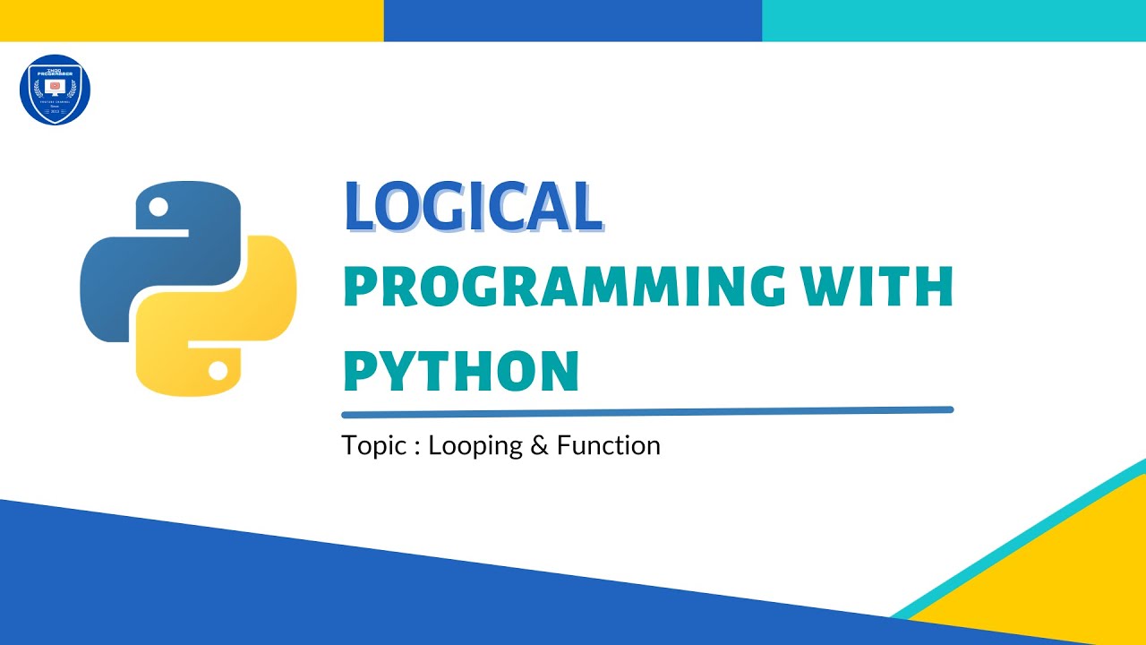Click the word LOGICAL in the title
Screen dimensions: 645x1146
click(473, 207)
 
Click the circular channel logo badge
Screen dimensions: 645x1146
click(55, 90)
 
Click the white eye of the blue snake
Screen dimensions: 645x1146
click(158, 208)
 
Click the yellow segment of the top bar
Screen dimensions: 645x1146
click(192, 20)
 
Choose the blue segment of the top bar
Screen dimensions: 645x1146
click(573, 20)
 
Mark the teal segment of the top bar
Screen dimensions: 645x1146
click(954, 20)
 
